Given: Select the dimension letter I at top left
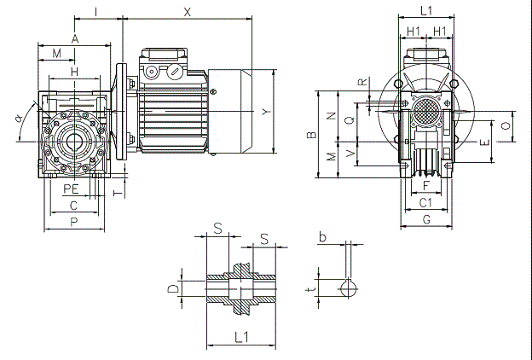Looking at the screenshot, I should point(96,10).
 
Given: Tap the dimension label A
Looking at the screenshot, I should point(75,38).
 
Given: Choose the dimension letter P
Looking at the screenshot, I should point(74,222).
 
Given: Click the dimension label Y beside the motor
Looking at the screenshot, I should point(266,112).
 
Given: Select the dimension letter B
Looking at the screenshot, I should point(313,134).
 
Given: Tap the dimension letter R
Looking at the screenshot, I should point(363,83).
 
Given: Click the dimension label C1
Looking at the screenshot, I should point(427,203).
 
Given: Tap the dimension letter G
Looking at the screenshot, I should point(427,220).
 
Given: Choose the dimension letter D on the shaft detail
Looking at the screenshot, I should point(174,288).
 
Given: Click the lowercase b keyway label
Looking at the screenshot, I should point(322,236).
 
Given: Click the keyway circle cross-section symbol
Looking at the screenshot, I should point(348,287).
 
